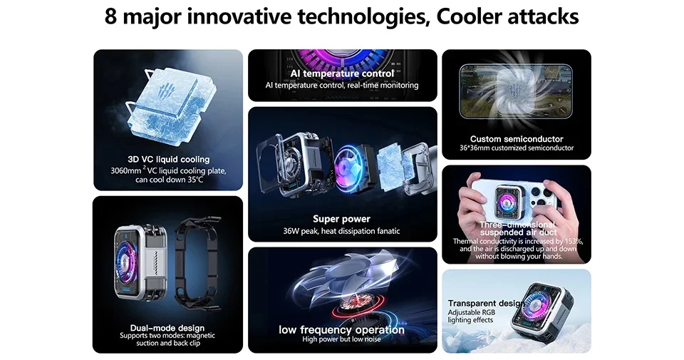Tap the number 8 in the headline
[x=111, y=16]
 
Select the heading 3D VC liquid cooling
[x=168, y=159]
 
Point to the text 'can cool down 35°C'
[x=169, y=180]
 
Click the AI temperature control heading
[x=342, y=73]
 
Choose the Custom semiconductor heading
[x=517, y=139]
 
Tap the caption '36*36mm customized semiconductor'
[x=517, y=148]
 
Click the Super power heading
[x=342, y=219]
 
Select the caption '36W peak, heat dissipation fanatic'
[x=342, y=231]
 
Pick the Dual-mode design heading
[x=168, y=328]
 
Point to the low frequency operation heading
[x=342, y=330]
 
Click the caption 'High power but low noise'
[x=342, y=339]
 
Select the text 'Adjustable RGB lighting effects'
[x=470, y=317]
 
